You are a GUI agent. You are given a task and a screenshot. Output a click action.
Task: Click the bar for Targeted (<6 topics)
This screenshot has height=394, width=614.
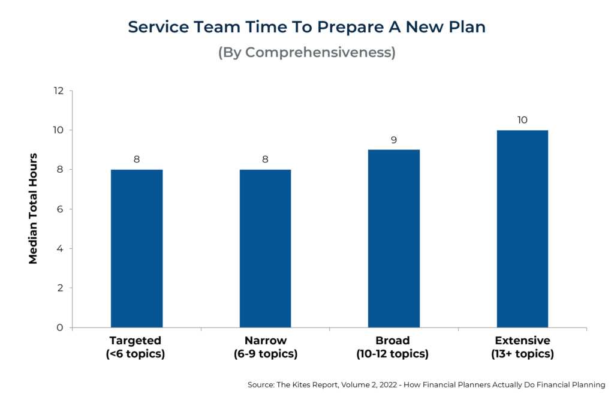[137, 248]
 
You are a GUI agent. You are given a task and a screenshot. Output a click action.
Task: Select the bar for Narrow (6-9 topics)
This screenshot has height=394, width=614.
[265, 248]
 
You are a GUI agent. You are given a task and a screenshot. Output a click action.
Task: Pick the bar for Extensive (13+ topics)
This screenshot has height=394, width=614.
[522, 228]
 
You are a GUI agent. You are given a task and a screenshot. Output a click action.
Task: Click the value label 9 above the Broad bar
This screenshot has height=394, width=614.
[394, 140]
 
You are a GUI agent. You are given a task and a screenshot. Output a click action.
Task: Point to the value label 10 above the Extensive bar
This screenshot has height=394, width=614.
[522, 120]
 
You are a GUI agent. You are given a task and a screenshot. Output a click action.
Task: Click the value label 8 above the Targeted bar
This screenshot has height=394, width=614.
[137, 160]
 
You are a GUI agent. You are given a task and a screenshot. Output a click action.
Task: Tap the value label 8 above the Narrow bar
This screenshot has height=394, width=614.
[265, 160]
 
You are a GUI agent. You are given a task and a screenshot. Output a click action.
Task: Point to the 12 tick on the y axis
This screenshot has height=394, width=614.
[58, 91]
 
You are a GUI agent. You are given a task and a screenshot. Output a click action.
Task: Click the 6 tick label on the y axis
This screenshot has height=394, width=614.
[61, 209]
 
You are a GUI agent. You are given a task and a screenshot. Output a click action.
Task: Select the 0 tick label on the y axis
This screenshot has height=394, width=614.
[61, 327]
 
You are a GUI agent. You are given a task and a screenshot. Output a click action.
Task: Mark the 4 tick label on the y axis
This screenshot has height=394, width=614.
[61, 248]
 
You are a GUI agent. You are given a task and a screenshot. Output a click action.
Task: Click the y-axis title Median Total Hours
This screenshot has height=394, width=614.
[34, 209]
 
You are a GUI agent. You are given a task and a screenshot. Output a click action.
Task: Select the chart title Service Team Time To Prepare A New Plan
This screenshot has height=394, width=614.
[306, 27]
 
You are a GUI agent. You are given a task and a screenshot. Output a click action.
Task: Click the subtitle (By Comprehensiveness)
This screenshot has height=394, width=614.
[306, 52]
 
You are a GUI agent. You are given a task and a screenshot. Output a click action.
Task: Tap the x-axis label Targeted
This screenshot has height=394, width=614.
[137, 341]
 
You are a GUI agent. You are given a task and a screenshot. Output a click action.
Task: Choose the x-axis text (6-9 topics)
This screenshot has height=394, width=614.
[265, 354]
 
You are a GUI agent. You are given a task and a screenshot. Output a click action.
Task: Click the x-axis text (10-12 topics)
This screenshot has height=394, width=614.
[394, 354]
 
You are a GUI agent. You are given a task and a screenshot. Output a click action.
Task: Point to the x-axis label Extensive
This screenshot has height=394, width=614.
[522, 341]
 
